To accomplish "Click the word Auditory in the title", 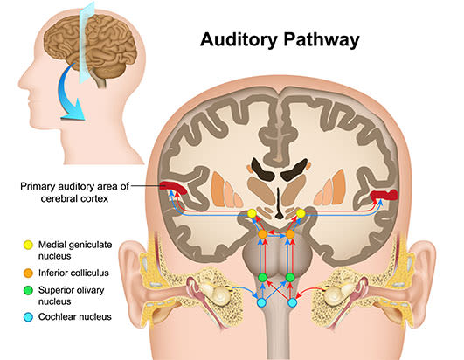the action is [x=239, y=39].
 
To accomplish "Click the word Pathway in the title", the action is [x=322, y=39].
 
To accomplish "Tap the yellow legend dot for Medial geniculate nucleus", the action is [x=28, y=246].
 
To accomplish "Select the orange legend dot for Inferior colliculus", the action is [x=28, y=273].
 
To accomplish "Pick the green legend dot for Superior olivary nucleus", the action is [x=28, y=290].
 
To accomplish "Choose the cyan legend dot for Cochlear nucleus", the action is [x=28, y=317].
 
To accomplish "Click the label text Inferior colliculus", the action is [x=73, y=273].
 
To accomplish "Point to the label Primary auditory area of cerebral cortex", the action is [x=74, y=192].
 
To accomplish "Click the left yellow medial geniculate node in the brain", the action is [x=252, y=213].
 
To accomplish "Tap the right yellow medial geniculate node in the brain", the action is [x=301, y=213].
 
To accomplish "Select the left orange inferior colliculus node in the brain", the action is [x=262, y=234].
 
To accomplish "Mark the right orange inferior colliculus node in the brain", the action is [x=290, y=234].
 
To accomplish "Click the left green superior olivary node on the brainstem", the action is [x=263, y=278].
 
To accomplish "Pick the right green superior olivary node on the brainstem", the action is [x=290, y=278].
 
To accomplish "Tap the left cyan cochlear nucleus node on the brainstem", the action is [x=261, y=302].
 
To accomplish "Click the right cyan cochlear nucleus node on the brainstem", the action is [x=293, y=302].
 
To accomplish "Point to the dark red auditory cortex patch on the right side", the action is [x=384, y=195].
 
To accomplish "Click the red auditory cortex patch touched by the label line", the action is [x=173, y=188].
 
